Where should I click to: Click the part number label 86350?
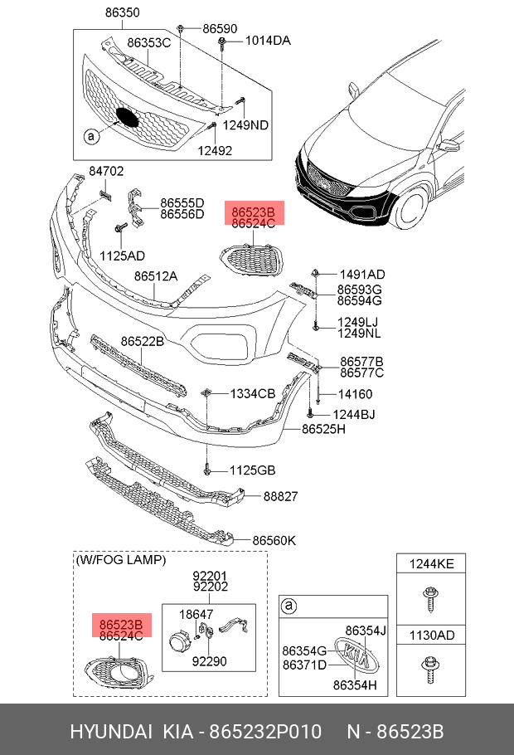tap(122, 13)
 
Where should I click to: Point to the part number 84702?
tap(106, 171)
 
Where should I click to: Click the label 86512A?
tap(156, 276)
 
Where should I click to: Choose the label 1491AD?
tap(361, 275)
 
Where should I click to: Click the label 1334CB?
tap(253, 393)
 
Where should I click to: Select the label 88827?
tap(280, 497)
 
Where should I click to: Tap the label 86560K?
tap(274, 541)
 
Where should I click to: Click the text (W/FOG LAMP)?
tap(120, 560)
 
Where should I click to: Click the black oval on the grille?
tap(128, 117)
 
